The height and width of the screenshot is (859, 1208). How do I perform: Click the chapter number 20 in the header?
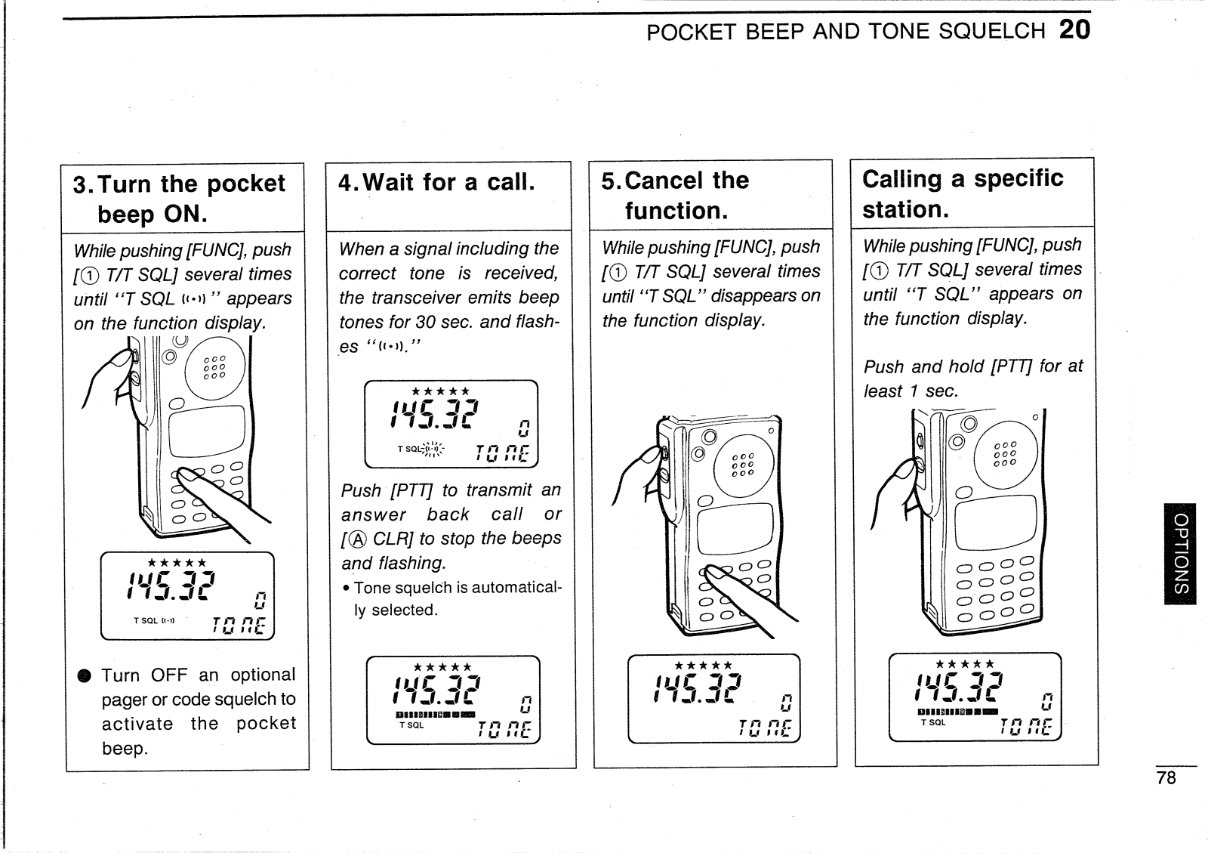(x=1074, y=29)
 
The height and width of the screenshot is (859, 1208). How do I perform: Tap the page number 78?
(x=1166, y=777)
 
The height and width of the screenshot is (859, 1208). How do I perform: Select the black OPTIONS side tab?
(x=1181, y=554)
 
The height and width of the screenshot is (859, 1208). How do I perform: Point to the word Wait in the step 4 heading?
(x=388, y=182)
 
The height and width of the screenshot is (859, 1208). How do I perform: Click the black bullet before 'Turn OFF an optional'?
(x=84, y=676)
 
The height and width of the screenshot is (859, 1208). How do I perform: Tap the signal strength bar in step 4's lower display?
(x=436, y=715)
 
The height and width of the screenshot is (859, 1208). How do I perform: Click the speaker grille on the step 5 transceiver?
(x=743, y=465)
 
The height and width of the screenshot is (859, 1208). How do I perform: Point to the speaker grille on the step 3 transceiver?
(x=214, y=367)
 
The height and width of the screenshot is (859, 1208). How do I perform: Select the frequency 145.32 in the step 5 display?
(x=698, y=689)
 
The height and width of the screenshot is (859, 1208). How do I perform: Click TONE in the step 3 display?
(x=239, y=626)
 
